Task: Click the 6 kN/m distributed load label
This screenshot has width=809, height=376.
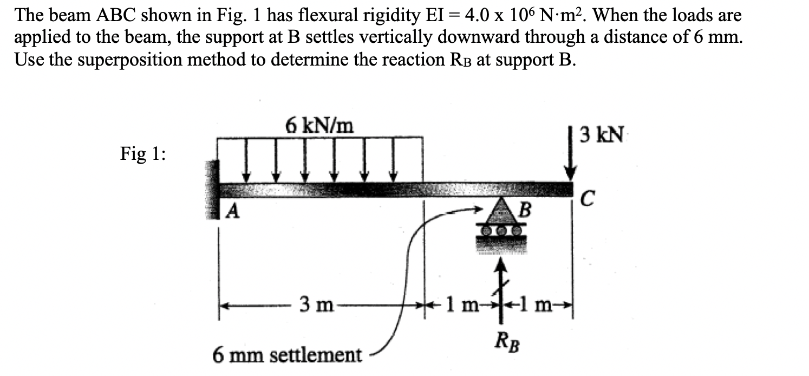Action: tap(319, 126)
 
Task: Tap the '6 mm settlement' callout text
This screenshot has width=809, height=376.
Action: tap(287, 355)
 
